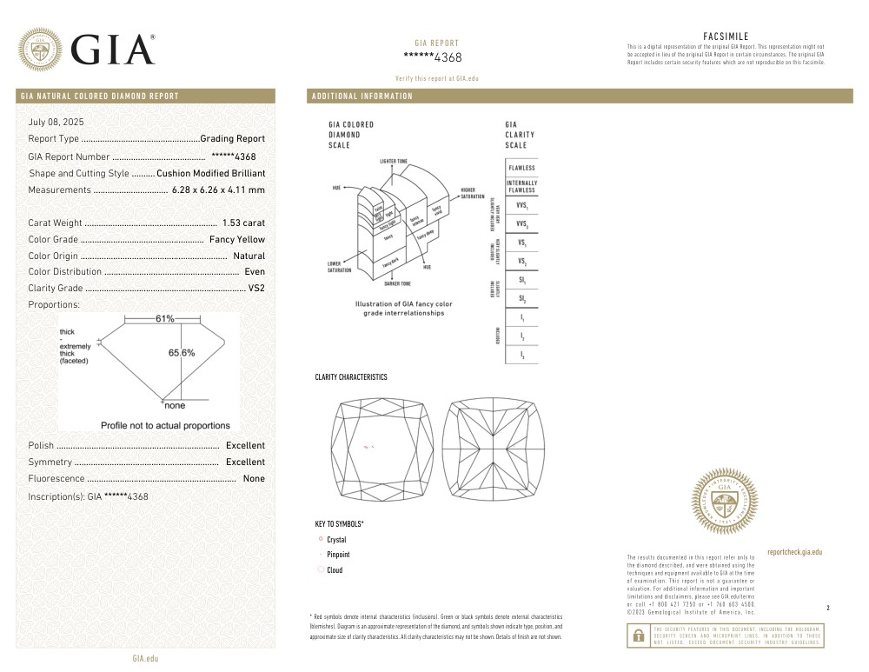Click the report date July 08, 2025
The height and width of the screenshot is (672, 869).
pos(56,122)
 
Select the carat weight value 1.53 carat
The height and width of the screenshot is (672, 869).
pos(243,223)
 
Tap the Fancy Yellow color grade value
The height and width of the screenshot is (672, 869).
pos(237,240)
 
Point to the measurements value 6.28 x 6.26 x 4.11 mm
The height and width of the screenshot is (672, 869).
pos(218,190)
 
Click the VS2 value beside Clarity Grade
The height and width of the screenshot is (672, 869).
pos(256,289)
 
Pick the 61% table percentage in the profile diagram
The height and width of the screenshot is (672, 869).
pos(165,319)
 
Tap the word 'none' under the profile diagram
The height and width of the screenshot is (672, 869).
pos(174,406)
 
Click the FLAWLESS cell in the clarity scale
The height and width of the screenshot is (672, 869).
pos(521,168)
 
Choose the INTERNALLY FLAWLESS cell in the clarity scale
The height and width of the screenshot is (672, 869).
pos(521,187)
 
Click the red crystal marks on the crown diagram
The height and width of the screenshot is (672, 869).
pos(368,447)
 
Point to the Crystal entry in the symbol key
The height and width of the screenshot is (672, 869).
pos(336,540)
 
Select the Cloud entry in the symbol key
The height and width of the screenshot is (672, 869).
pos(335,570)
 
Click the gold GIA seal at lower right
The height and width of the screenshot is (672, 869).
pos(725,502)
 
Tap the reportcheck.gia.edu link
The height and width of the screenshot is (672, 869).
pos(794,552)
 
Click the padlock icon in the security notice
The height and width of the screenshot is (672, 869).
pos(638,635)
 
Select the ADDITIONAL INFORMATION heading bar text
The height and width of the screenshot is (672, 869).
pos(362,96)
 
